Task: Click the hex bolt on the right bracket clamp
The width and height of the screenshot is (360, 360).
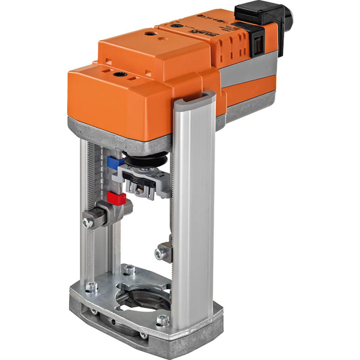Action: (x=159, y=253)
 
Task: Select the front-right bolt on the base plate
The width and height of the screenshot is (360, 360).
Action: (x=161, y=320)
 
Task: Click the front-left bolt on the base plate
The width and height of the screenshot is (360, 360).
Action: (x=91, y=287)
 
